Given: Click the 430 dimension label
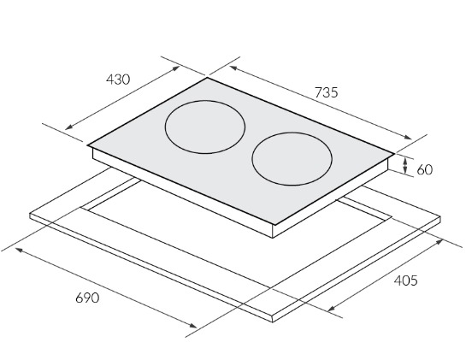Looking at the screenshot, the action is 118,80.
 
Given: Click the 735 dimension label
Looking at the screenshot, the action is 327,92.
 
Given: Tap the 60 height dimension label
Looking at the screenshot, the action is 425,170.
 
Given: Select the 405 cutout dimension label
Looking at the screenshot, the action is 405,280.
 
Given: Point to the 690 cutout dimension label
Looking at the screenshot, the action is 87,298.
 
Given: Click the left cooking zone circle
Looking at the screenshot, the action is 165,127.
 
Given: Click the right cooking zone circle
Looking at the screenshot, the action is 252,159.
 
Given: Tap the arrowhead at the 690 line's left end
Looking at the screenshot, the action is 19,250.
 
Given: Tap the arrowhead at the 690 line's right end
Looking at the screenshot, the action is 193,326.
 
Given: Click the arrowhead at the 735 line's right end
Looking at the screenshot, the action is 409,138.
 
